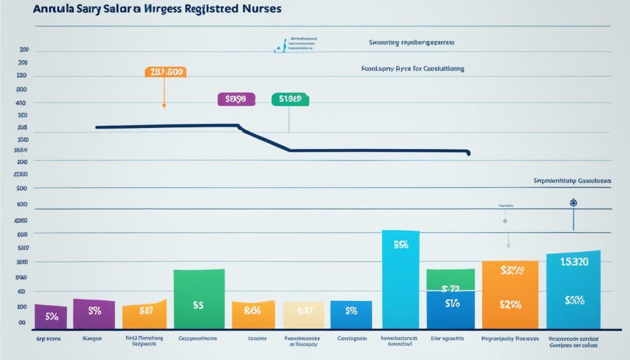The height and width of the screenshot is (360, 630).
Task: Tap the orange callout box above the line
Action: point(165,72)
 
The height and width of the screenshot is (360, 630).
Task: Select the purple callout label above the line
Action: point(236,98)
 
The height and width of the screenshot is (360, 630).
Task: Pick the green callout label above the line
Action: point(290,98)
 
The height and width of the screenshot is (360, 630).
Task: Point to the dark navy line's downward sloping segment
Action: point(265,139)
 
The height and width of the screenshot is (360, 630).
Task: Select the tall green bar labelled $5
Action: point(199,298)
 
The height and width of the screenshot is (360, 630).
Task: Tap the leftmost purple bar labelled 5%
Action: point(51,316)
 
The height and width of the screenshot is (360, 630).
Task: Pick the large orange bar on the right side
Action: point(510,294)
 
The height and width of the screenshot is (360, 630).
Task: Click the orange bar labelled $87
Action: point(145,314)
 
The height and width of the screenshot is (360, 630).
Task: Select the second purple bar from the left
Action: point(94,313)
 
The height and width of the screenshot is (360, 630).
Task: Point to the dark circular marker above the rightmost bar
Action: point(573,202)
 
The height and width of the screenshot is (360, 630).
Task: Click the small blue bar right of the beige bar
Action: point(351,314)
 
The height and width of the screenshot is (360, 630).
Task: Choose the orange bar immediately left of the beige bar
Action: point(253,314)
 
